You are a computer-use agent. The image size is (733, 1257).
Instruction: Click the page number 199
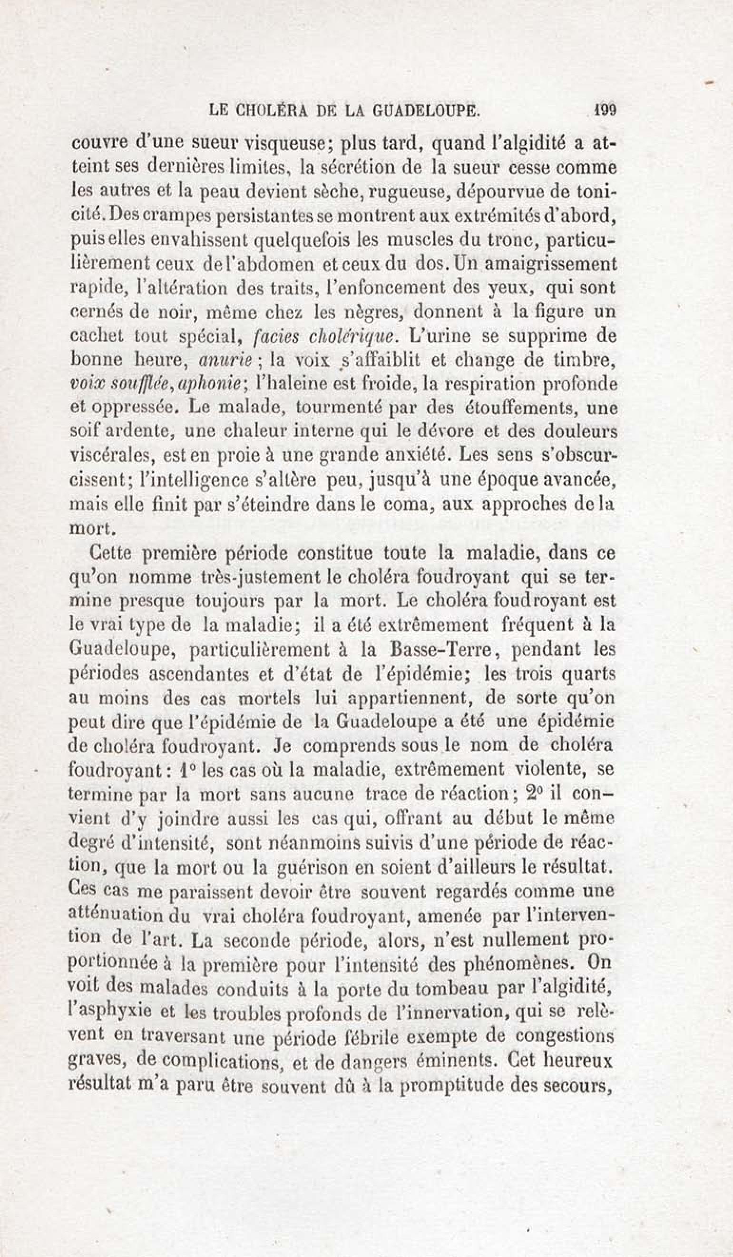604,110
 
